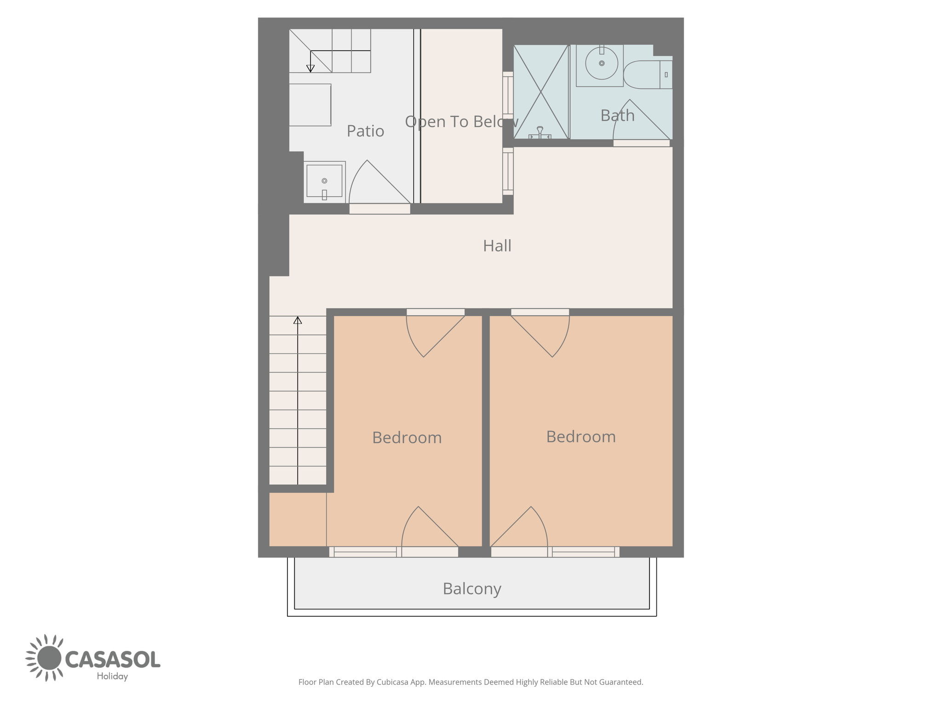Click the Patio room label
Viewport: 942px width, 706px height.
[x=365, y=131]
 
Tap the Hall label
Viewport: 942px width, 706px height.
[x=497, y=246]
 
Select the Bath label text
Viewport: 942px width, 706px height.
[x=617, y=115]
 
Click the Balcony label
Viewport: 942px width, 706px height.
[x=472, y=589]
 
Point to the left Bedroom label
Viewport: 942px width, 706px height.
[x=407, y=438]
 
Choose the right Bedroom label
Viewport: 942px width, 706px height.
[x=581, y=437]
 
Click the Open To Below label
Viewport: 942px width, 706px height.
[x=461, y=122]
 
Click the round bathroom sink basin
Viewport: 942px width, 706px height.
[x=601, y=63]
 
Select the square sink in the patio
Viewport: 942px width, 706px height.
[x=324, y=182]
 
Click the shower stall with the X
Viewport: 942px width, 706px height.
[x=541, y=92]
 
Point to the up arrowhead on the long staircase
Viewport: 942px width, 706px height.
[x=298, y=320]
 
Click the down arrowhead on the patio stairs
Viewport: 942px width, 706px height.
[x=310, y=68]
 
